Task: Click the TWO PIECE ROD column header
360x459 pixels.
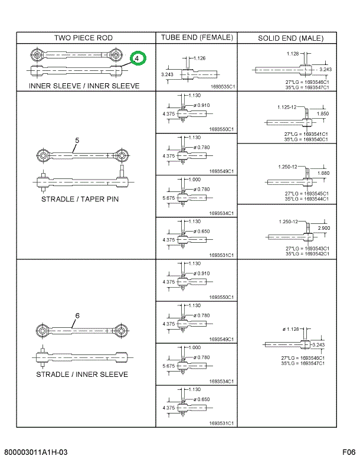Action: click(x=83, y=38)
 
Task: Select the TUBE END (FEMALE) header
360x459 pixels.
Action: click(x=197, y=37)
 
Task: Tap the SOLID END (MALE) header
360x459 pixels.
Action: click(x=290, y=38)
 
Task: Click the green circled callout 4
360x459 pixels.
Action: click(x=138, y=59)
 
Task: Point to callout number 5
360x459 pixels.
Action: click(x=77, y=141)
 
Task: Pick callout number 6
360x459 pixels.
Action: click(x=77, y=315)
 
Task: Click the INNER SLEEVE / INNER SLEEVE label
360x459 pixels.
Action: click(x=84, y=86)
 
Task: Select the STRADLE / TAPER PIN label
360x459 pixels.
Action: click(x=80, y=199)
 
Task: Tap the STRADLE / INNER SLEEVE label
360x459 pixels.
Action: click(x=82, y=374)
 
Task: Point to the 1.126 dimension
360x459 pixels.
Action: click(x=199, y=58)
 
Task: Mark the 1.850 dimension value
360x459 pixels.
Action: click(x=323, y=113)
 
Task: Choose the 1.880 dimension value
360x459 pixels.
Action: click(x=324, y=172)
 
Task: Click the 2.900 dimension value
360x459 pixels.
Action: click(x=324, y=227)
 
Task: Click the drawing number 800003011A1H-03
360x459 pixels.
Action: click(x=35, y=453)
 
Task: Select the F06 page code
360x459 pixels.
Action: click(x=348, y=453)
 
